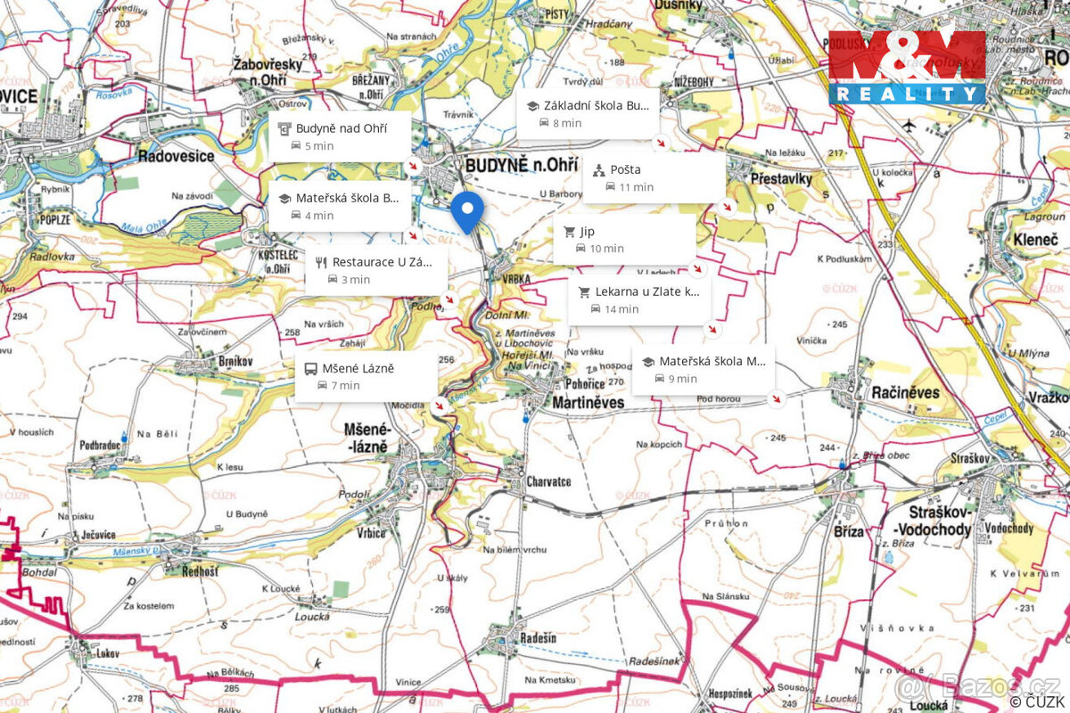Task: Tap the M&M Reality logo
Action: pos(907,68)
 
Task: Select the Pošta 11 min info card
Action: pos(654,177)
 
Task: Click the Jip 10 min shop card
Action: pos(624,239)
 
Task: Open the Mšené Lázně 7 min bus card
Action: pos(366,376)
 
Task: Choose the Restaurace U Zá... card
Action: pos(376,269)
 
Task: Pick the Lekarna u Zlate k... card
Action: pos(640,299)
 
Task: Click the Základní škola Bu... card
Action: pos(588,113)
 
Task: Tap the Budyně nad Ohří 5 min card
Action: pos(340,136)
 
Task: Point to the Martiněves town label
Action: pos(588,403)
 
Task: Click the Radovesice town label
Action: pos(176,156)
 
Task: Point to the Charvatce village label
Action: pos(548,481)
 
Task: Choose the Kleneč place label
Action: pos(1035,240)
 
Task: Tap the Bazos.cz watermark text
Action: pos(981,685)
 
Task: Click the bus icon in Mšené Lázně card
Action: pos(310,368)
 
